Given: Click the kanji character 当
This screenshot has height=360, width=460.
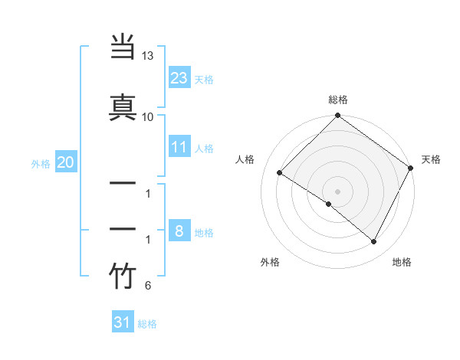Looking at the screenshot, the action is [x=123, y=48].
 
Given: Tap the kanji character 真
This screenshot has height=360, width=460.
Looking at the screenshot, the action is [x=123, y=106].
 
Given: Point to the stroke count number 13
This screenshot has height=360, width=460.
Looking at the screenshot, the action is [x=147, y=57].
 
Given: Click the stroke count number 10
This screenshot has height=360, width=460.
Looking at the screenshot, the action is [x=147, y=116].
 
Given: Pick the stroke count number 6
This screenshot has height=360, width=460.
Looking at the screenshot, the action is [x=147, y=286].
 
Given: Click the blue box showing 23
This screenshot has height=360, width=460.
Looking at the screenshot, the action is [x=179, y=77].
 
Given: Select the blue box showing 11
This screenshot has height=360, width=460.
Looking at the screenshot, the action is [x=179, y=147].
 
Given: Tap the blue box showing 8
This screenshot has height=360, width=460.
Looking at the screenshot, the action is [x=179, y=231].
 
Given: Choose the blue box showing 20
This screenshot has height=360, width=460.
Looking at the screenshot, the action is [x=65, y=162].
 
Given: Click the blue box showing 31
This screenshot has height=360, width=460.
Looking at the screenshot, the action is [x=123, y=322].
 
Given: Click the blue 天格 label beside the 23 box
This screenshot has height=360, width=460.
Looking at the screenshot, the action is [x=204, y=79].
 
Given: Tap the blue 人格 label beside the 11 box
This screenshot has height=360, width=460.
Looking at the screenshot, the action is [x=204, y=149].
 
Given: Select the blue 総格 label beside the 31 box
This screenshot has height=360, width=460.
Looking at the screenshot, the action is [x=147, y=324].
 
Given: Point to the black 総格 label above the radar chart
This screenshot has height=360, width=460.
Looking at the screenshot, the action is [x=338, y=100].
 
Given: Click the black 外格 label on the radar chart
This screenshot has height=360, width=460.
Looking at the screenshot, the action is [x=269, y=262].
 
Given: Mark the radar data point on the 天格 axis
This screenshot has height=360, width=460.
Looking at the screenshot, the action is [x=411, y=169].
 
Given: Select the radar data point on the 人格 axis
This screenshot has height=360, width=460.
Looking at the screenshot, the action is [x=280, y=172].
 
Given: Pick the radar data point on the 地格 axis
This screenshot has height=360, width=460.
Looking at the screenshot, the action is [x=374, y=242].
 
